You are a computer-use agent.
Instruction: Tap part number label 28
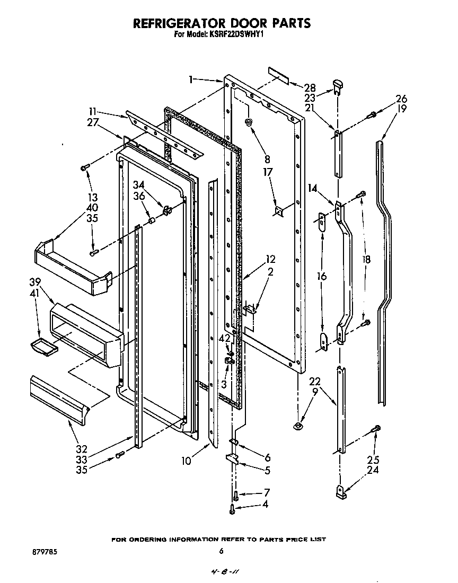[310, 87]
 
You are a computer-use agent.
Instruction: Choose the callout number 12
[271, 260]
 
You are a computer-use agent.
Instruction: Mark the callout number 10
[186, 461]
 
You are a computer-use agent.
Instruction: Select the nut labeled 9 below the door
[298, 426]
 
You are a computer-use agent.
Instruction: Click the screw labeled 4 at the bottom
[232, 510]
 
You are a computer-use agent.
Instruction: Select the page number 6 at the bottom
[222, 552]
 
